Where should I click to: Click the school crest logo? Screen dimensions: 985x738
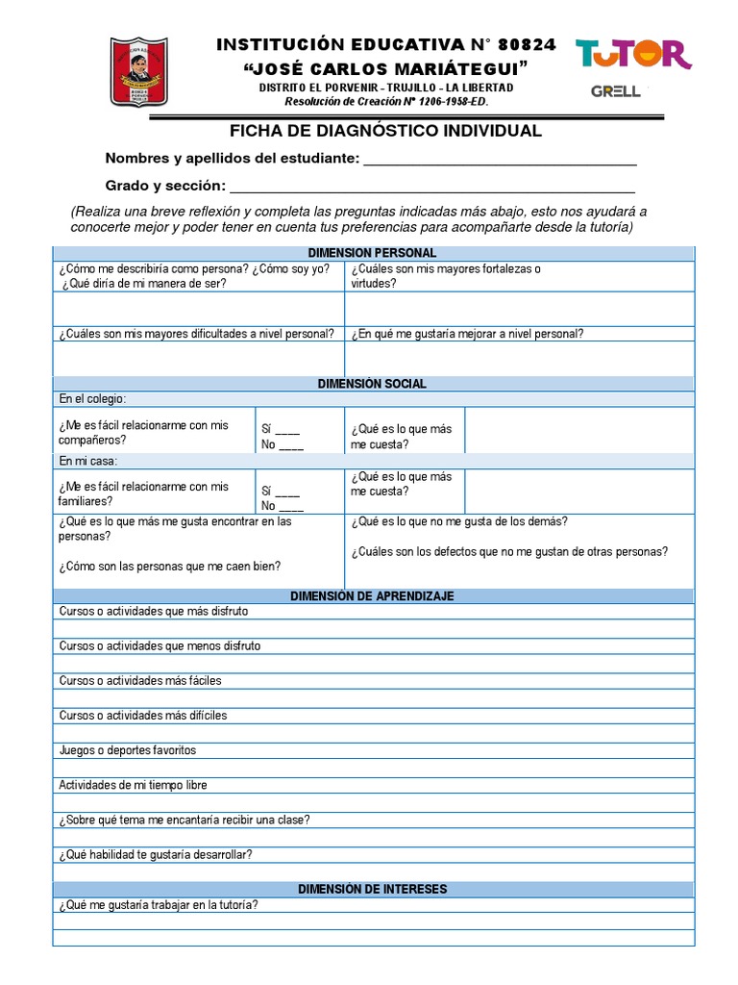click(x=139, y=72)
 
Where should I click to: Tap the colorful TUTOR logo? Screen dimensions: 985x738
click(x=633, y=54)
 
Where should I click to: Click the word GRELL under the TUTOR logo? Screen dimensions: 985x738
click(x=616, y=92)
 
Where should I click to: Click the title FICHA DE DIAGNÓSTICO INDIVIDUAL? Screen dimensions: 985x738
click(x=385, y=131)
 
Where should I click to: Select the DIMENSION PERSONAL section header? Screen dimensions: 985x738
click(x=373, y=253)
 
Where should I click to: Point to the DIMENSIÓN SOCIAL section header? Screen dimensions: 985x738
click(x=372, y=384)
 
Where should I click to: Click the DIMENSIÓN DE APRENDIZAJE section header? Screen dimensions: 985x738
click(x=372, y=596)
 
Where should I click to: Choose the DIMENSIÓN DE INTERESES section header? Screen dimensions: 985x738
click(x=372, y=889)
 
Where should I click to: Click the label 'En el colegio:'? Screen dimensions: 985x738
click(x=92, y=399)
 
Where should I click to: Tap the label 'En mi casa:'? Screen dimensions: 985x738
click(x=87, y=461)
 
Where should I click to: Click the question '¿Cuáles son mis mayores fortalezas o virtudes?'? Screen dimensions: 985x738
click(x=445, y=276)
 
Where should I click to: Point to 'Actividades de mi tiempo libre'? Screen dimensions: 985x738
click(x=133, y=785)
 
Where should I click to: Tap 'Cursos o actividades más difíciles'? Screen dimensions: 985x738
click(x=143, y=716)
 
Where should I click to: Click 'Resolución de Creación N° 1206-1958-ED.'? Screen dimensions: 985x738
click(x=385, y=101)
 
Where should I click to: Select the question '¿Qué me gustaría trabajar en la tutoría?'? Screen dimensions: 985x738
click(x=159, y=905)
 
